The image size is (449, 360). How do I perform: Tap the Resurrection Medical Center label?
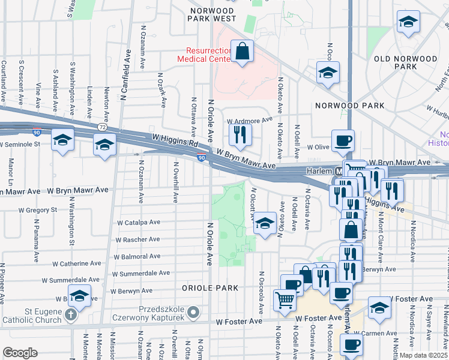204,55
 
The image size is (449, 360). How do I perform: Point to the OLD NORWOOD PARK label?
405,62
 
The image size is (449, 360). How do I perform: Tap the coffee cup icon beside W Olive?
343,140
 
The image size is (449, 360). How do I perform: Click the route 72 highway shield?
103,127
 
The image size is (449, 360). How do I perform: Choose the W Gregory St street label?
38,210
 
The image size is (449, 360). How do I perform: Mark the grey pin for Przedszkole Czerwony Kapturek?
193,312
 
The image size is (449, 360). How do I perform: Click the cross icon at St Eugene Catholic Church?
71,314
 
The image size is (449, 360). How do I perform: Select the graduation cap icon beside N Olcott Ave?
264,223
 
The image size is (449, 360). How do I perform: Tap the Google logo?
20,353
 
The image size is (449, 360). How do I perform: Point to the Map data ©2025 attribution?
423,355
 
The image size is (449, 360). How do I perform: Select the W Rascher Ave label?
137,239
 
